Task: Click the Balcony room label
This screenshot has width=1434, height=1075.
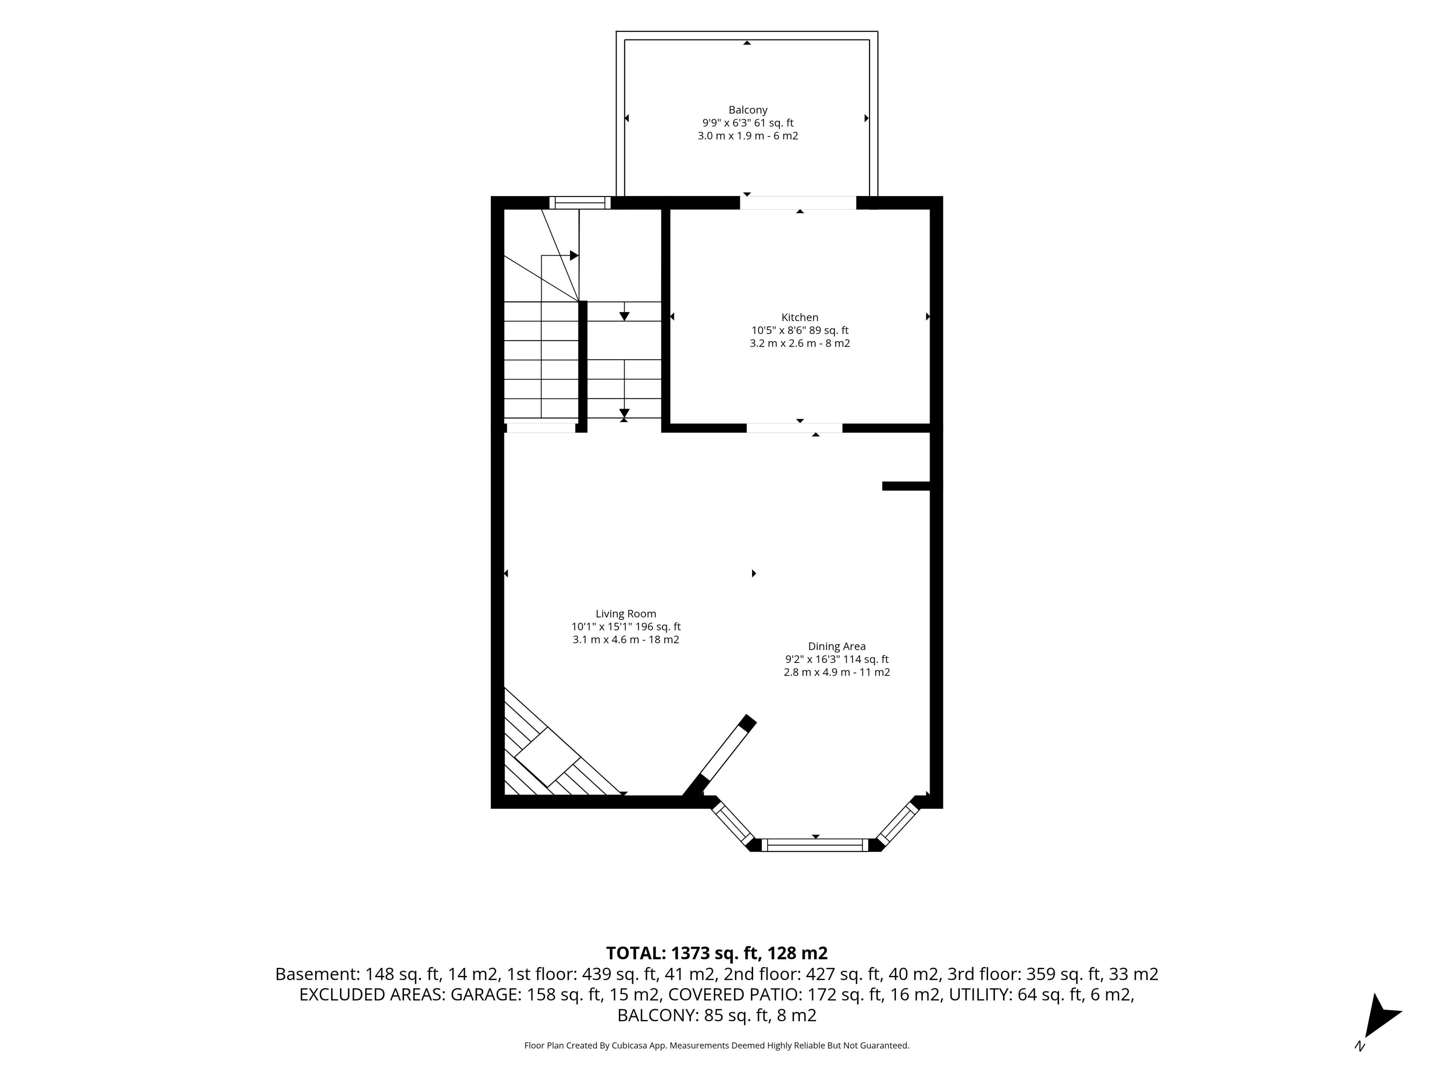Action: click(x=748, y=110)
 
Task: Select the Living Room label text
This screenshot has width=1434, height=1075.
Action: click(x=626, y=614)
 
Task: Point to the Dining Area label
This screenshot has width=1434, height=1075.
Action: click(x=836, y=646)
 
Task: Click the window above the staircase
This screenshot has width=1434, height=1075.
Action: click(x=580, y=202)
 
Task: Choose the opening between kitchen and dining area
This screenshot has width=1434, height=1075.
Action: click(x=795, y=428)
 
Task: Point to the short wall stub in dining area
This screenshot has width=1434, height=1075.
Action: click(x=906, y=486)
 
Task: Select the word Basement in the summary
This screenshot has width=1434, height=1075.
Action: click(x=316, y=974)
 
